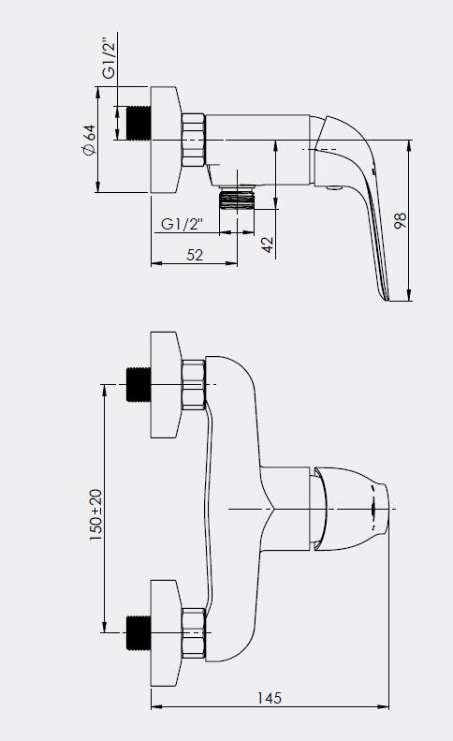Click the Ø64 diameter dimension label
coord(89,140)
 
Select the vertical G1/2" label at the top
coord(110,60)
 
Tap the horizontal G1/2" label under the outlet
coord(182,223)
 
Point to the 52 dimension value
coord(195,255)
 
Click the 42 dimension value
coord(268,245)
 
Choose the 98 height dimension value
coord(400,221)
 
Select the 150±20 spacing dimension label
coord(95,514)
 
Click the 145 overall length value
coord(269,698)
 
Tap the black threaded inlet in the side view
coord(139,123)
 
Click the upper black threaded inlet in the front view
coord(139,385)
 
